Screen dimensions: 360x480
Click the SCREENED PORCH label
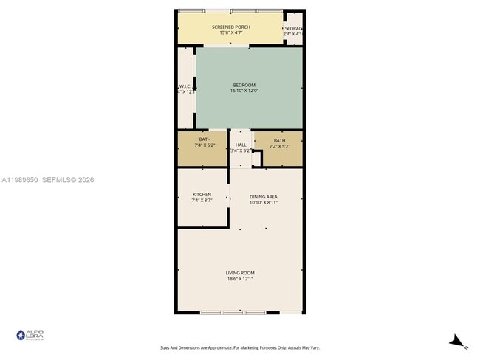pos(230,27)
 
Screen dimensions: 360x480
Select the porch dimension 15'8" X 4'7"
pos(230,33)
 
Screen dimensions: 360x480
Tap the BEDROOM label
pos(244,86)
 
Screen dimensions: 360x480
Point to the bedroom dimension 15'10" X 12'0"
pos(244,91)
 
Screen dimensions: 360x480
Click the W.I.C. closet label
pos(185,86)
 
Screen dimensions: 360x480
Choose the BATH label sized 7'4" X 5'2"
pos(205,139)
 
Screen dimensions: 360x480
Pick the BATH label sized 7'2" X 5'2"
pos(279,140)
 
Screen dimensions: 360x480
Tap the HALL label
pos(241,145)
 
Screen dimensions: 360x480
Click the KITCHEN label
pos(202,195)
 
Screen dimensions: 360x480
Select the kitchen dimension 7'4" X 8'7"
pos(202,201)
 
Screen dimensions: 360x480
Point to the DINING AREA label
pos(264,197)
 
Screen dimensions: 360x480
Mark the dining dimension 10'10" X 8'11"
pos(264,203)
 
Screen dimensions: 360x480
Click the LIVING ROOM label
pos(239,273)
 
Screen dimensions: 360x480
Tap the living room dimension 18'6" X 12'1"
pos(239,279)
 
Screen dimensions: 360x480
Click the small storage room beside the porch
pos(294,30)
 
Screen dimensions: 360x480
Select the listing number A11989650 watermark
pos(23,179)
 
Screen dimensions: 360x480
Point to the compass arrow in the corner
pos(459,341)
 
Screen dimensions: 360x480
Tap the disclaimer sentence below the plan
pos(239,347)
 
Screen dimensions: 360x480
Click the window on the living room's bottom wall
pos(234,312)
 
